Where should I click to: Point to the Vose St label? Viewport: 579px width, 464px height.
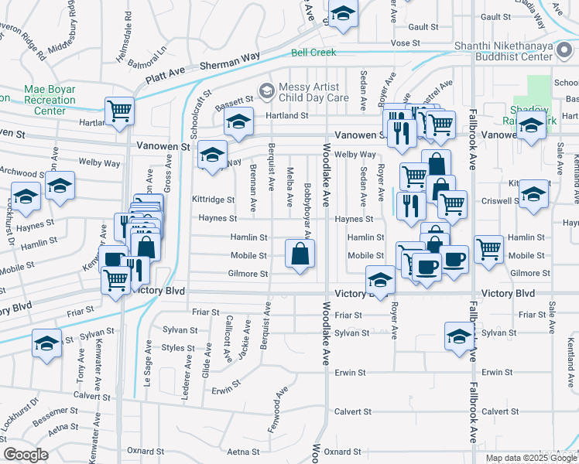(404, 43)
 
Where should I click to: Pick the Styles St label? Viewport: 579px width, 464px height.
(177, 348)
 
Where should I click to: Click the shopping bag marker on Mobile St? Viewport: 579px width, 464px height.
(300, 253)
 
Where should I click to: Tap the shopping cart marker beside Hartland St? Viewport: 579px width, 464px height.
(120, 111)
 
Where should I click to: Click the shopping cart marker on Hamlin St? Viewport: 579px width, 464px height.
(488, 249)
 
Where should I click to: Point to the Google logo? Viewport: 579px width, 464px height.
(26, 455)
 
